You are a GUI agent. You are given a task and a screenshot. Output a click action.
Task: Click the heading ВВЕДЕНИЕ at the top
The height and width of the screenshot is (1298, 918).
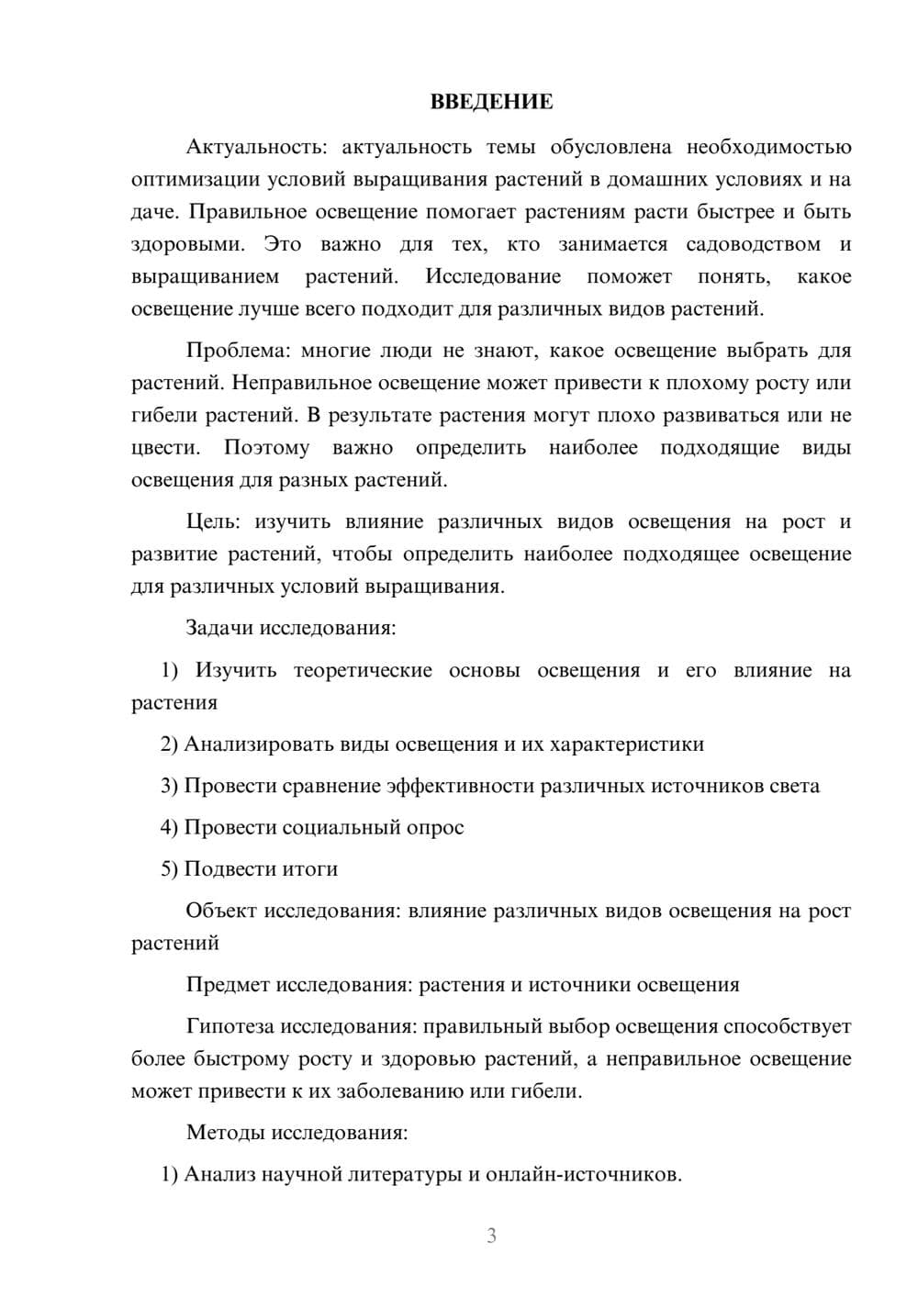tap(491, 102)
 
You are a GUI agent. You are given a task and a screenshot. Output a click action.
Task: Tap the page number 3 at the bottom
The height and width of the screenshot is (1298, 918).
tap(491, 1236)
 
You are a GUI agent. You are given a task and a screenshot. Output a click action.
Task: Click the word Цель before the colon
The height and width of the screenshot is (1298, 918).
tap(211, 521)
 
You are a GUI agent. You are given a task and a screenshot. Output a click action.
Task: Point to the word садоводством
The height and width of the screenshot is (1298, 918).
tap(753, 244)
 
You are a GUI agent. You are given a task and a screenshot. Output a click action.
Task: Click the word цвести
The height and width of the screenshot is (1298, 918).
tap(165, 448)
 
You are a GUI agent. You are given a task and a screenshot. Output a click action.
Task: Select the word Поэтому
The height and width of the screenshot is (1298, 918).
tap(266, 448)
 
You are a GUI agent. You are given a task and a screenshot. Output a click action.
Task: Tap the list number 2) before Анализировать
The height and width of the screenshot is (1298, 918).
tap(169, 744)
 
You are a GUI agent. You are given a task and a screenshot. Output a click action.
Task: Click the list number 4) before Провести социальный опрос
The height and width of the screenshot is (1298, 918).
tap(169, 827)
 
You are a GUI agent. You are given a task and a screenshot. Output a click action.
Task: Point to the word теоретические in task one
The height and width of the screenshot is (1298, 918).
tap(363, 670)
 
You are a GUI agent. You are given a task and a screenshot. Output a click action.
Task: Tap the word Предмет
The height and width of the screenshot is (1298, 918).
tap(227, 985)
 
